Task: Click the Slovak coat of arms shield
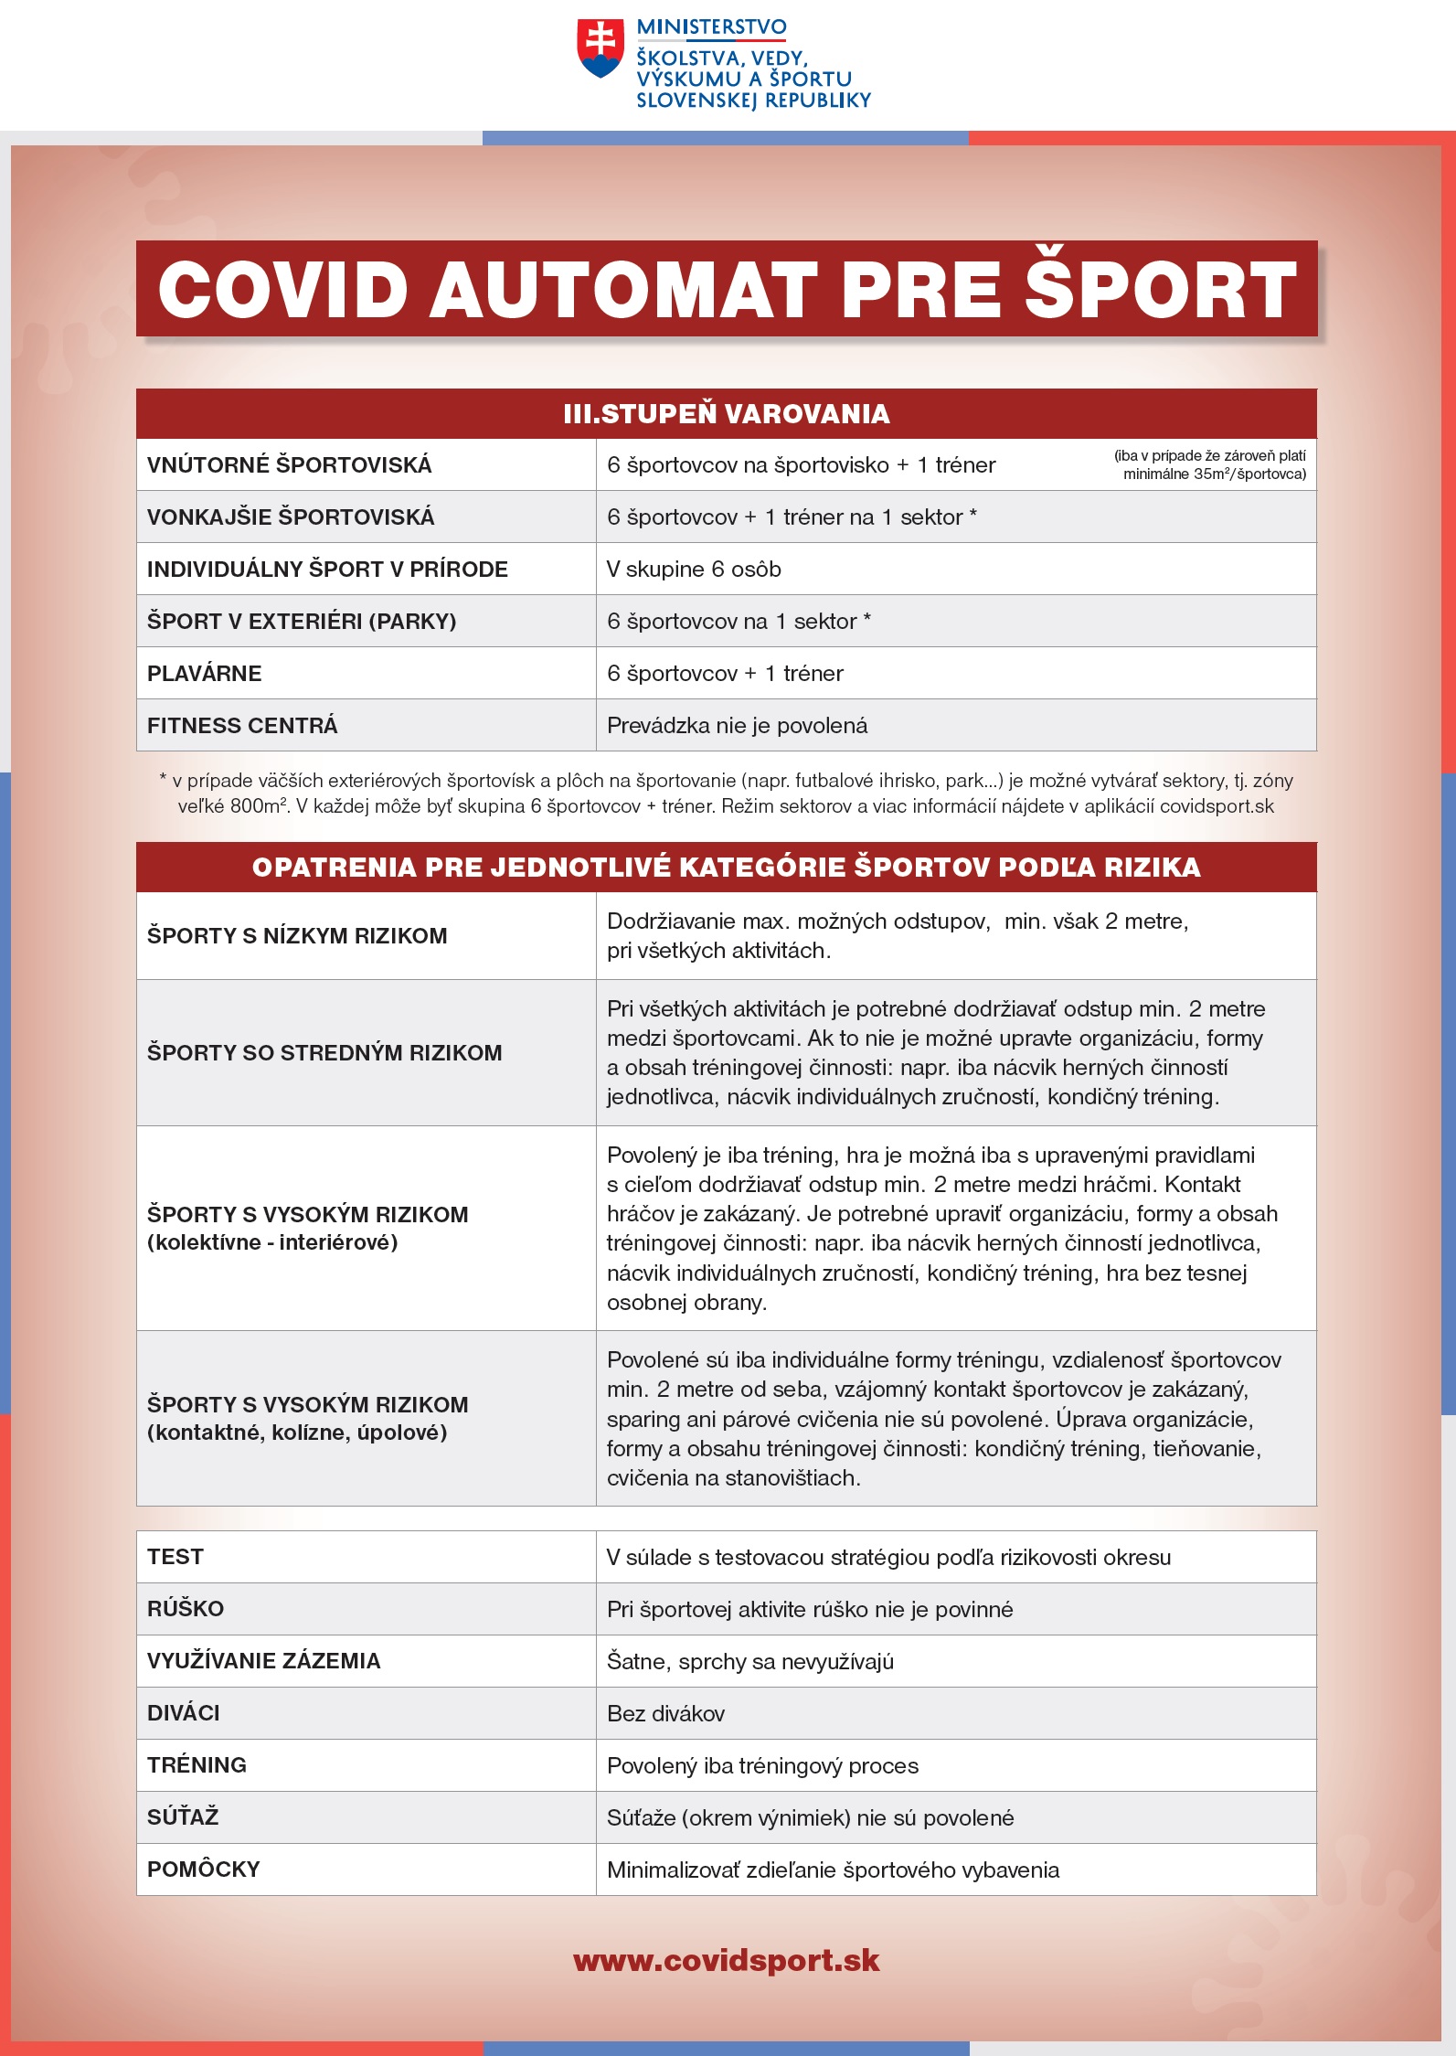point(600,48)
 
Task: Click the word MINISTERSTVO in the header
point(711,27)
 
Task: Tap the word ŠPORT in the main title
point(1160,290)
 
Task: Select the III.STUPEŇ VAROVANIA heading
point(727,414)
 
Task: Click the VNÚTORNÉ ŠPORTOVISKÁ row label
point(289,465)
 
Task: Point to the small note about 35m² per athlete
point(1210,465)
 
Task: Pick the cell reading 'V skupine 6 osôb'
point(694,570)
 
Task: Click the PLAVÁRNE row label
point(204,674)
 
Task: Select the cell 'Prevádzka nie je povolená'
point(737,726)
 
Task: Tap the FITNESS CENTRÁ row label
point(242,726)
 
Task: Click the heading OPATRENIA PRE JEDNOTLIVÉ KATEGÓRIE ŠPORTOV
point(727,868)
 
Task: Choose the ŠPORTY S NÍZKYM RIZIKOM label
point(297,936)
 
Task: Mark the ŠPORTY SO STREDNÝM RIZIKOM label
point(324,1053)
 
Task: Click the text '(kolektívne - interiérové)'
point(272,1242)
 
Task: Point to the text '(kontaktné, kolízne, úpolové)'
point(297,1433)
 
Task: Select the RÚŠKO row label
point(186,1609)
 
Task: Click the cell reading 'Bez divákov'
point(665,1713)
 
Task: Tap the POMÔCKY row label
point(204,1870)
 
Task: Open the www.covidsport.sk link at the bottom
point(727,1960)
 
